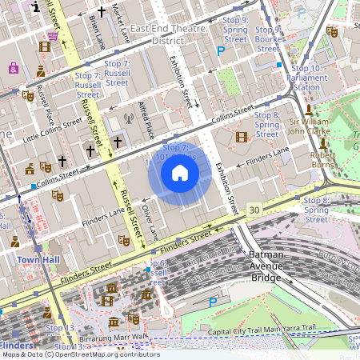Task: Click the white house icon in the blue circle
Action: click(180, 173)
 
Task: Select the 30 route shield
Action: click(254, 210)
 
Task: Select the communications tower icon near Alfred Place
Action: click(127, 121)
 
